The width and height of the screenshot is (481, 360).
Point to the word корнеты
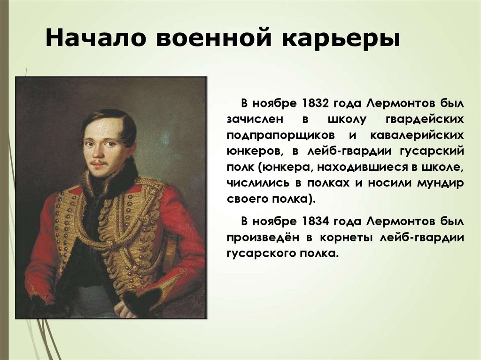point(341,237)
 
